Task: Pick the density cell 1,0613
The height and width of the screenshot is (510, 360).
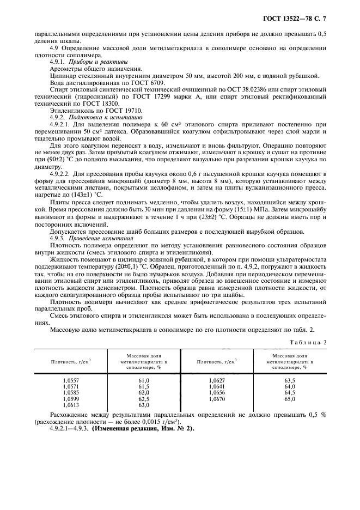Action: click(x=71, y=405)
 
